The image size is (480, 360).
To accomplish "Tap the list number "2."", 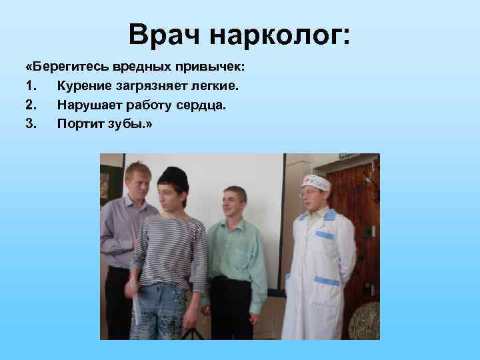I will coord(31,105).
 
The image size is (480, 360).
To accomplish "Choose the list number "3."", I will coord(31,123).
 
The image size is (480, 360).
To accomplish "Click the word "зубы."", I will coord(132,123).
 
